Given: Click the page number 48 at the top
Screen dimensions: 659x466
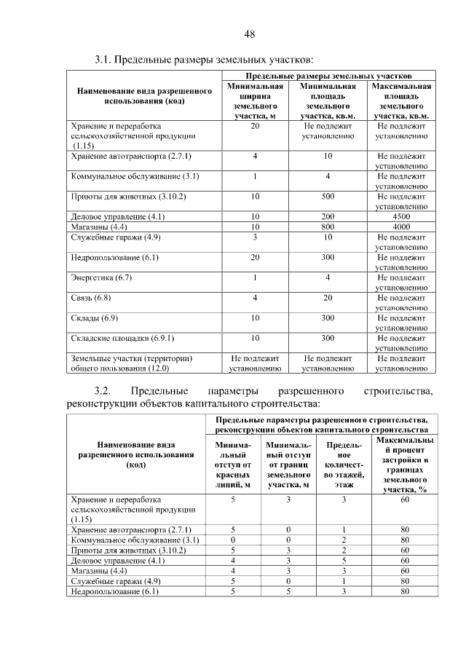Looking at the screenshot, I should tap(249, 34).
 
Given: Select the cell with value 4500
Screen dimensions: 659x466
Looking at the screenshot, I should tap(401, 217).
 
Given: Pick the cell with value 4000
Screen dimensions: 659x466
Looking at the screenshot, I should tap(401, 227).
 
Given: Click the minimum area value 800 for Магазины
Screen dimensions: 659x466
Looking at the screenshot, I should tap(328, 227).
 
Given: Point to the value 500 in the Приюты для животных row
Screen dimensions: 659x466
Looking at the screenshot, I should tap(328, 197).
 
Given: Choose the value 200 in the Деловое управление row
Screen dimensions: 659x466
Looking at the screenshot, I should tap(328, 217).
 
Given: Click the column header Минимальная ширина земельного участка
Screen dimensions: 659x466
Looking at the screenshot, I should tap(255, 100).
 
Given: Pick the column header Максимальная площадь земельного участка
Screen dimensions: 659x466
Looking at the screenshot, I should tap(401, 100).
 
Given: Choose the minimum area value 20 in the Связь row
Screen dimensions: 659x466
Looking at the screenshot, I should tap(328, 299).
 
